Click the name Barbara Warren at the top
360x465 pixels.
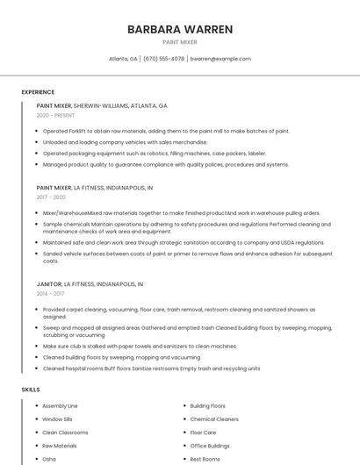(x=180, y=29)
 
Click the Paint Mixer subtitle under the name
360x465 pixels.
(x=180, y=42)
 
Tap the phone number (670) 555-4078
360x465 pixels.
(x=163, y=59)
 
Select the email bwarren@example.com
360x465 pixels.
(x=220, y=59)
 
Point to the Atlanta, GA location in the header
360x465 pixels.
(x=123, y=59)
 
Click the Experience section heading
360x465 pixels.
(x=38, y=91)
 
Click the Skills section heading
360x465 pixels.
(x=31, y=389)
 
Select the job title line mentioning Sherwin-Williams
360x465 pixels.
(x=102, y=105)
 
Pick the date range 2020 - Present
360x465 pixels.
(x=55, y=115)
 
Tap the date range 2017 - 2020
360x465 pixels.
(x=52, y=197)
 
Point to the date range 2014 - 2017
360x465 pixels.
(x=52, y=294)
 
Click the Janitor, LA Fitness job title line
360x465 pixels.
(x=90, y=284)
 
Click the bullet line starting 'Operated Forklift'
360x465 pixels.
(x=166, y=131)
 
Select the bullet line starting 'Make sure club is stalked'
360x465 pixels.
(x=140, y=347)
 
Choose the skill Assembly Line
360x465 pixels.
(x=60, y=406)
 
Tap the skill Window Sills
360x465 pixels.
(x=58, y=419)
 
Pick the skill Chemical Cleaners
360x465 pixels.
(x=214, y=419)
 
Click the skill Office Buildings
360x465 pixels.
(x=210, y=446)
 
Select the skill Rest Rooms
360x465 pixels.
(x=205, y=459)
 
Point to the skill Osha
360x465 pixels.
(x=49, y=459)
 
